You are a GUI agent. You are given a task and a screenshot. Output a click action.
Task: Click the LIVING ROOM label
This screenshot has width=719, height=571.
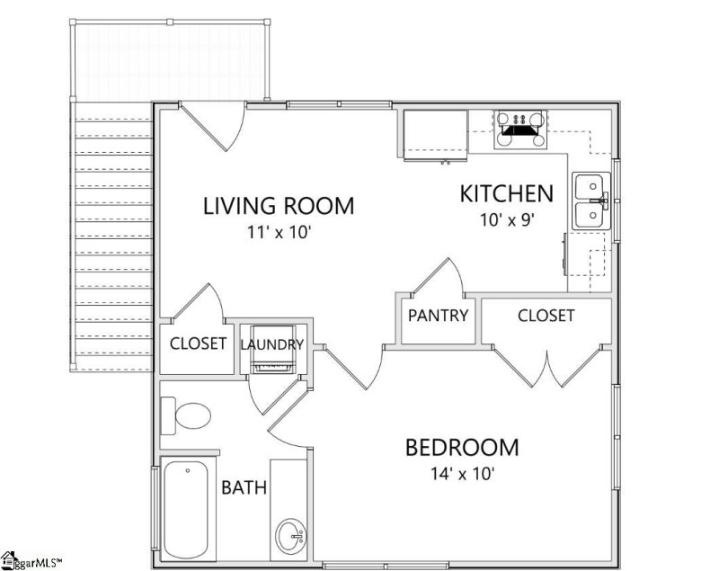pos(279,206)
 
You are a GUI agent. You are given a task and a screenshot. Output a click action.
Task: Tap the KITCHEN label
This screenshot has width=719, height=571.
pos(507,193)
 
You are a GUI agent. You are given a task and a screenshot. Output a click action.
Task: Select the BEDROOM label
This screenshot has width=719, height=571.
pos(462,448)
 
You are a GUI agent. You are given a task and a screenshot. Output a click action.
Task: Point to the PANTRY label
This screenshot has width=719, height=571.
pos(438,316)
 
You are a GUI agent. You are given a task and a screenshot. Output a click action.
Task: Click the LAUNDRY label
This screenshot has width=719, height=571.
pos(272,344)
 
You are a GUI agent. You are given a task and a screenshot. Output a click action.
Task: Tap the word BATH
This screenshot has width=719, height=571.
pos(244,487)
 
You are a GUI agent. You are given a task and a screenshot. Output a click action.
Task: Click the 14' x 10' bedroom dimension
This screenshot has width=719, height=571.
pos(462,473)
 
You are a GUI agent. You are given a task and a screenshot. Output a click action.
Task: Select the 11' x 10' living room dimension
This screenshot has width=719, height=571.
pos(280,232)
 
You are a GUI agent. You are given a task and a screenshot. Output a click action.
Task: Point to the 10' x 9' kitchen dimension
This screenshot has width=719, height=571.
pos(508,220)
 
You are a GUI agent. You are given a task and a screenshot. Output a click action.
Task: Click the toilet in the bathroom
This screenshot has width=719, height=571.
pos(186,415)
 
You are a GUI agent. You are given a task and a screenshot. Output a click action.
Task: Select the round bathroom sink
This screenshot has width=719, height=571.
pos(290,535)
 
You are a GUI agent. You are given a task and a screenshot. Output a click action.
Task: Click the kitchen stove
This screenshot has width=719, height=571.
pos(520,129)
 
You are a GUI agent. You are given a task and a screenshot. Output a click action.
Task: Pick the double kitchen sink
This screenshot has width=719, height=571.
pos(591,201)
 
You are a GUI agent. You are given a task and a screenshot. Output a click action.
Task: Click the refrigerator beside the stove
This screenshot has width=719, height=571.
pos(435,136)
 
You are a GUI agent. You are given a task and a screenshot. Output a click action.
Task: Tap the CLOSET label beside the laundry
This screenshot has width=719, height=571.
pos(198,343)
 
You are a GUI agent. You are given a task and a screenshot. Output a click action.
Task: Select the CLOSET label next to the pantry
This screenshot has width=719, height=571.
pos(546,316)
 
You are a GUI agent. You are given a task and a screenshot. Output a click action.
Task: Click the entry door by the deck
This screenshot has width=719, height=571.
pos(213,126)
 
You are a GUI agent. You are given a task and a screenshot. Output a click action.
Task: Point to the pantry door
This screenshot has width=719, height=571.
pos(438,277)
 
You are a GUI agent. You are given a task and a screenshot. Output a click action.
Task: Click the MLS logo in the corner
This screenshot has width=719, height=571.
pos(31,561)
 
